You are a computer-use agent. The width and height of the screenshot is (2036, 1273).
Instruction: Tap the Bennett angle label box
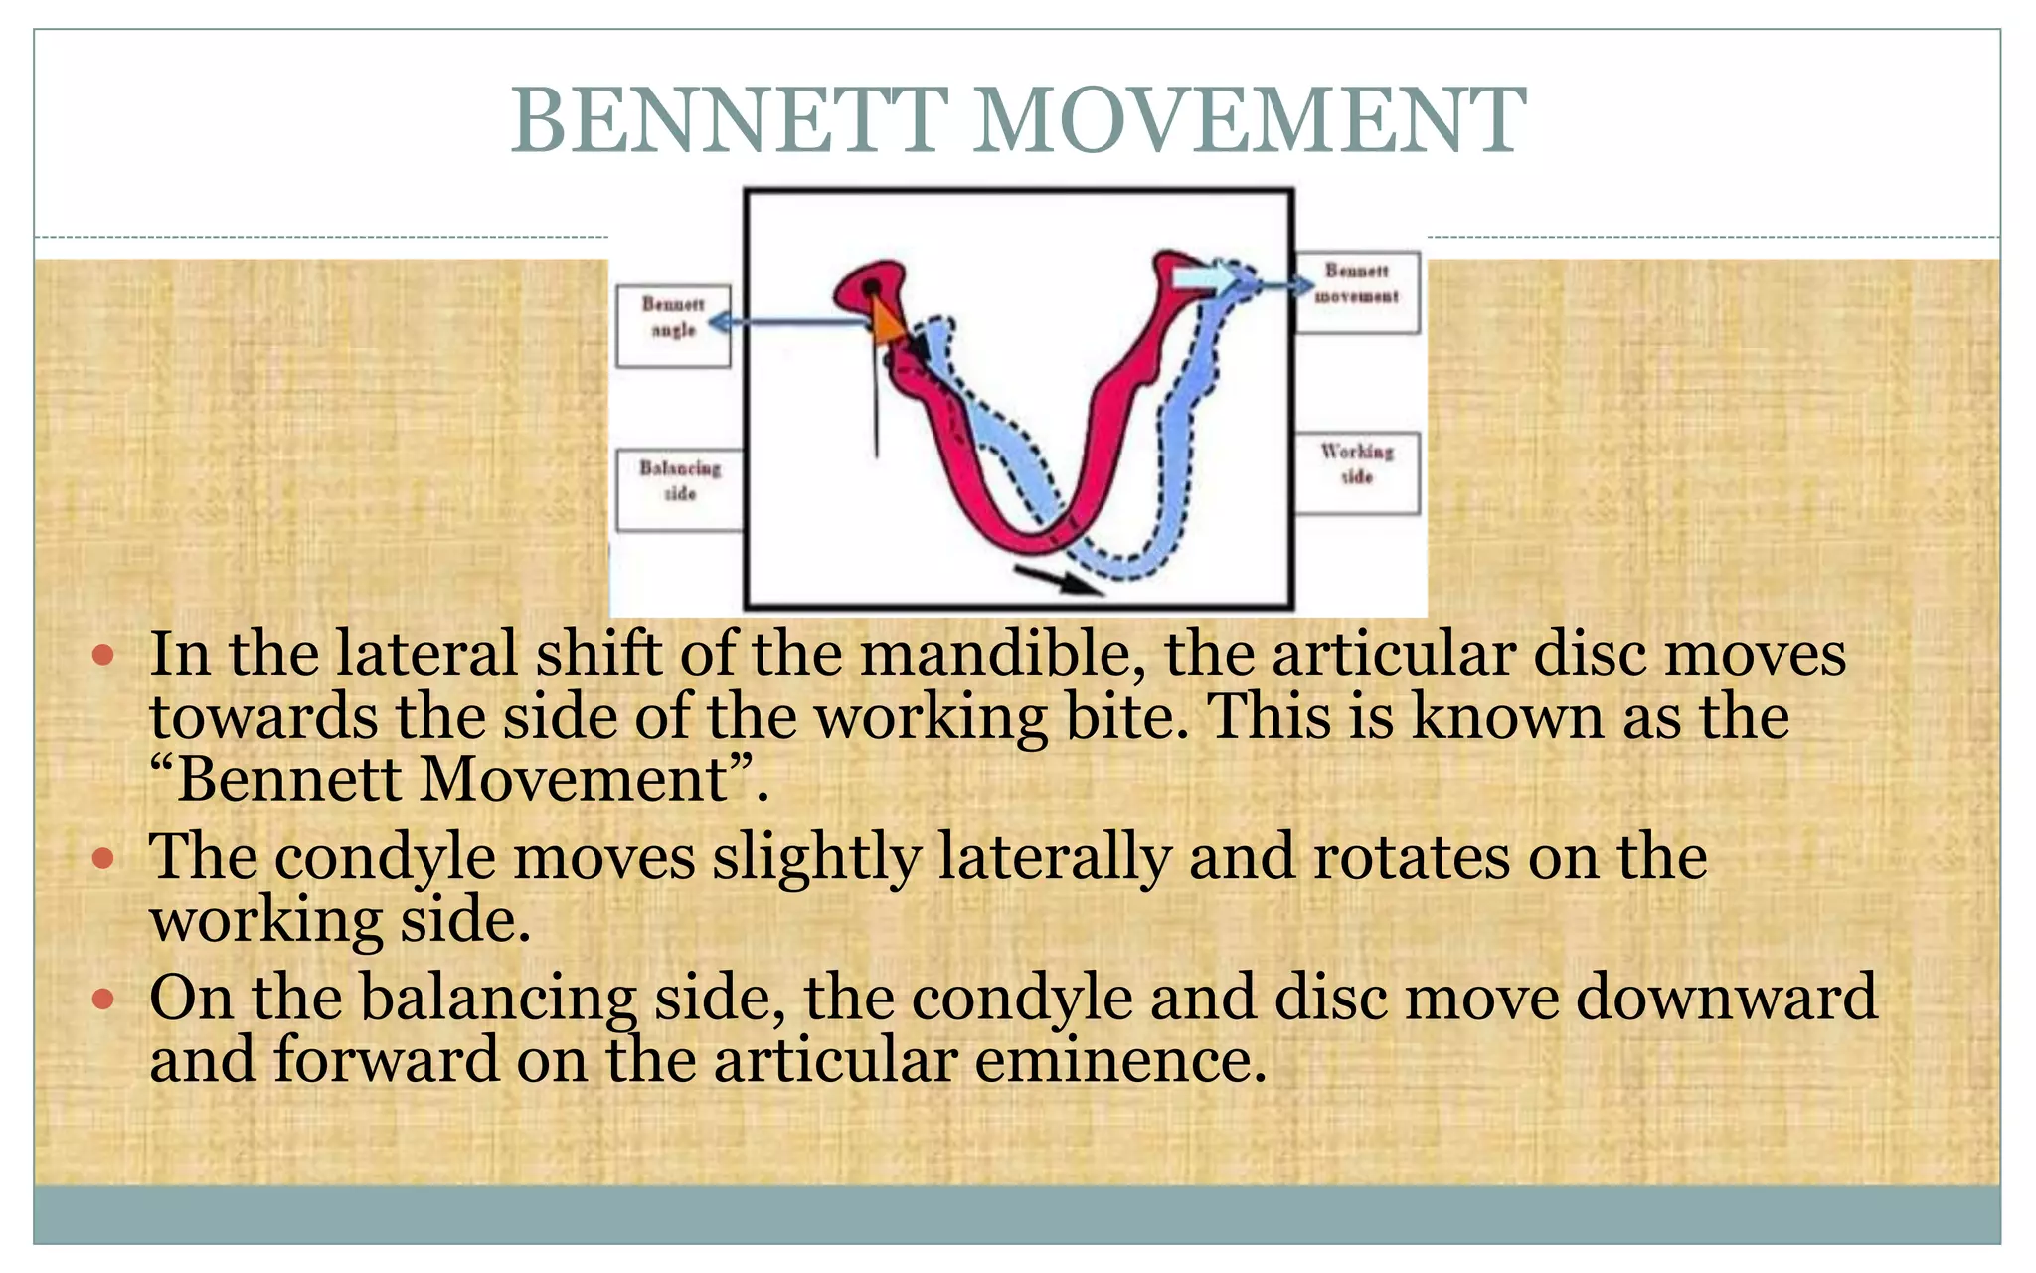coord(673,326)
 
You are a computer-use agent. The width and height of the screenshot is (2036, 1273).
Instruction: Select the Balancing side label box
coord(679,490)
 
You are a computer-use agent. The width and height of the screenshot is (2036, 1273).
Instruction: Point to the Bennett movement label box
coord(1357,292)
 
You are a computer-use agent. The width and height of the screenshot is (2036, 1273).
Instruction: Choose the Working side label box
coord(1357,472)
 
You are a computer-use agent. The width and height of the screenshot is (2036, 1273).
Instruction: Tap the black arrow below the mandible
coord(1058,579)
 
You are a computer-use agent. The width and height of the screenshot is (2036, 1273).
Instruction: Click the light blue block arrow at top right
coord(1206,278)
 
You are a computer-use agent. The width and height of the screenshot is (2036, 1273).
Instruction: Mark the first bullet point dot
coord(103,655)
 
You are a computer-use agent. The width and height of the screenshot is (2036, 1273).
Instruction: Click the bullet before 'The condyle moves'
coord(103,857)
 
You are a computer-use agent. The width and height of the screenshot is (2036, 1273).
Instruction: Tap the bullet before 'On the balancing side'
coord(103,998)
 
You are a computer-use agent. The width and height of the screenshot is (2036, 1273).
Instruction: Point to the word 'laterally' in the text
coord(1055,857)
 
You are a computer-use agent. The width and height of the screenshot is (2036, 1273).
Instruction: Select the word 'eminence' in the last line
coord(1119,1059)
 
